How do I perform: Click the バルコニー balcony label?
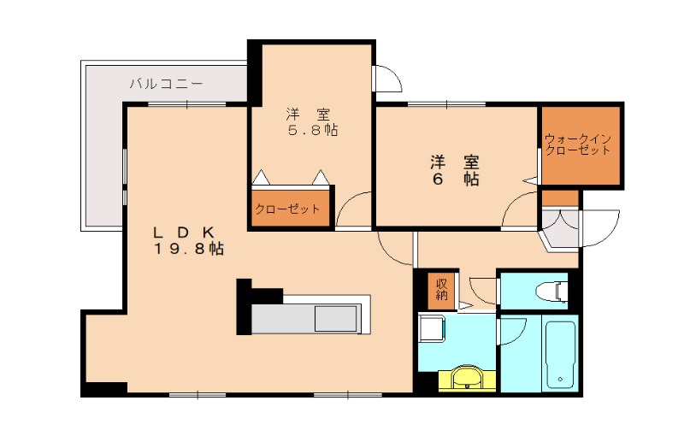(167, 84)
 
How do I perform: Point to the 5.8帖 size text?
(310, 131)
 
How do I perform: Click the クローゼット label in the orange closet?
(288, 209)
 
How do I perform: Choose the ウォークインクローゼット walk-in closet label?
(578, 144)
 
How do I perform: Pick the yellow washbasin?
(466, 376)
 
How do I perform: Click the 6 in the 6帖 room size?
(439, 180)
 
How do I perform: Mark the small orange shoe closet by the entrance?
(561, 199)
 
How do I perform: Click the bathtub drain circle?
(560, 379)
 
